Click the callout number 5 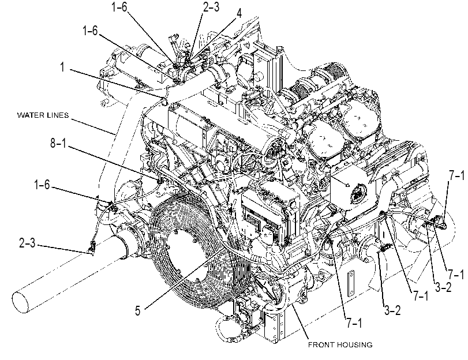137,311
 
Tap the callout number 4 239,13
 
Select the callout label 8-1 58,143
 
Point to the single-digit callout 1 62,67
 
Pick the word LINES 58,115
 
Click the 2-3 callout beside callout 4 211,7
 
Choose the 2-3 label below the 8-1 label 27,243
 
